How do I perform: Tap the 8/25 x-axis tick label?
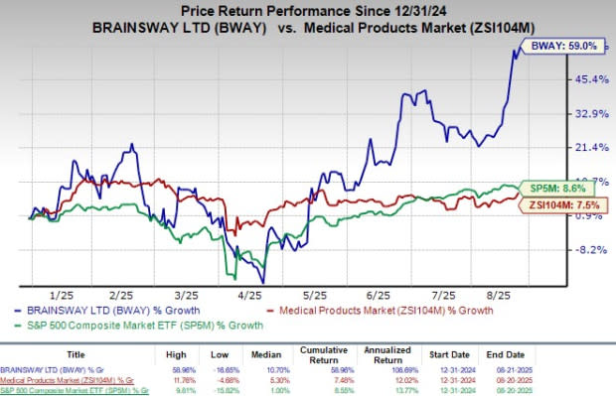click(x=492, y=295)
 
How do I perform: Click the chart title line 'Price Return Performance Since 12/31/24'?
click(x=308, y=9)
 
